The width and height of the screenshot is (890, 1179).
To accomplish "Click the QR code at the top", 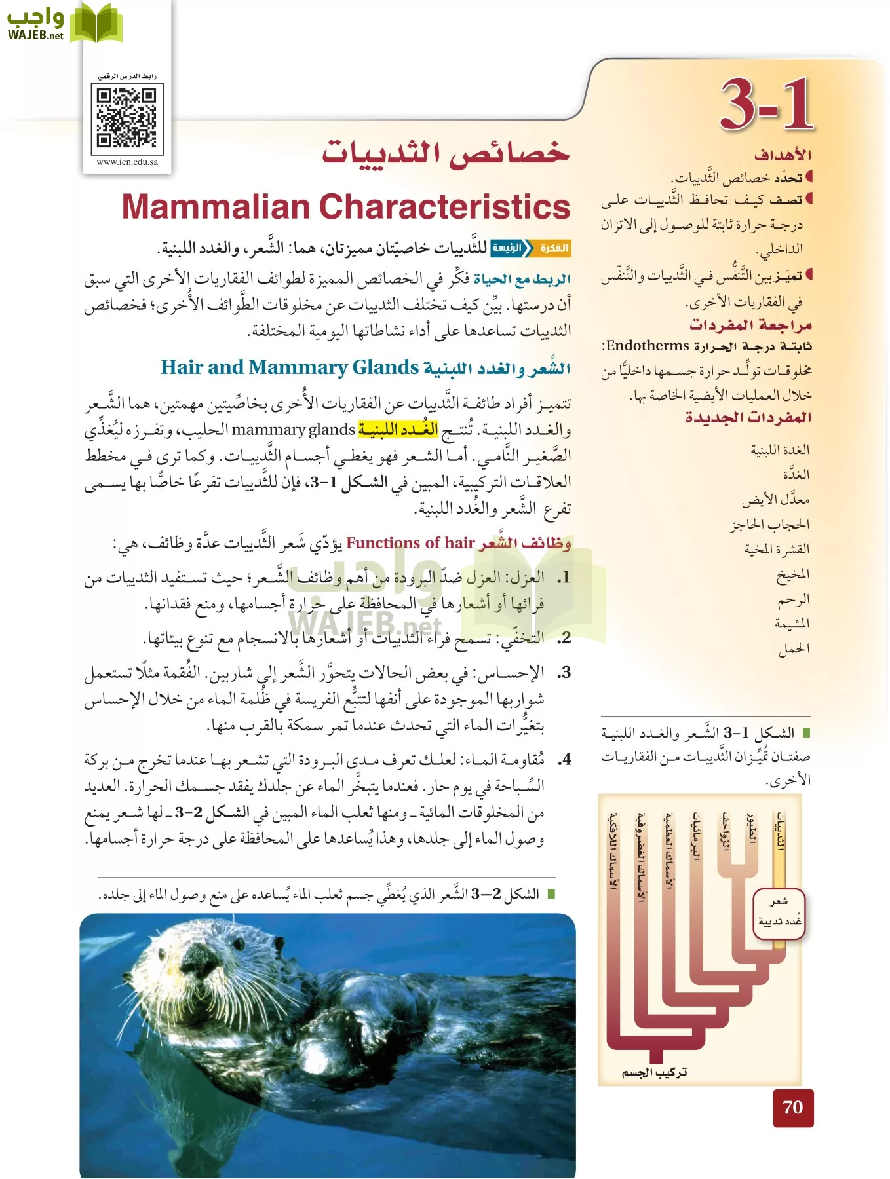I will click(126, 118).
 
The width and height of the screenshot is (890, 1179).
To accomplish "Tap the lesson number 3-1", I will click(766, 105).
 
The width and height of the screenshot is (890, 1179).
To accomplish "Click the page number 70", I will click(792, 1108).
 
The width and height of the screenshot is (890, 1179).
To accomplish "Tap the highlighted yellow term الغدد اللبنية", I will click(398, 430).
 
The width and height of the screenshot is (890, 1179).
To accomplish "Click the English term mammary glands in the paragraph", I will click(293, 430).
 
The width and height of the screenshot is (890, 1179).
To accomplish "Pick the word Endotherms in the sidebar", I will click(647, 345).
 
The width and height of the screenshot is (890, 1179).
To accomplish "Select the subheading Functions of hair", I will click(410, 542).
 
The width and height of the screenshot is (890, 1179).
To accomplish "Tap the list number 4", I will click(564, 760).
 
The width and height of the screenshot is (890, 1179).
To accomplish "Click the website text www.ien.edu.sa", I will click(126, 162).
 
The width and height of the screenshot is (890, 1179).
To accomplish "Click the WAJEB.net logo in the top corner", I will click(63, 25).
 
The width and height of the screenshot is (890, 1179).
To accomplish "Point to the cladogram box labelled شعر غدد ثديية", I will click(779, 913).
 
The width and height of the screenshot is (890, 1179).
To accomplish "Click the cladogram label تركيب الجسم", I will click(654, 1072).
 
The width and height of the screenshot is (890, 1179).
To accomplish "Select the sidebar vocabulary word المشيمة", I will click(792, 624).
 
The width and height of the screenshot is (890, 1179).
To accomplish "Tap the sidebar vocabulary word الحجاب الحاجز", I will click(770, 524).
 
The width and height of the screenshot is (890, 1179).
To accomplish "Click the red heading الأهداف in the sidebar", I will click(783, 155).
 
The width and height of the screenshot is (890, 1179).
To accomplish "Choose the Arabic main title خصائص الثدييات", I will click(446, 153).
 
